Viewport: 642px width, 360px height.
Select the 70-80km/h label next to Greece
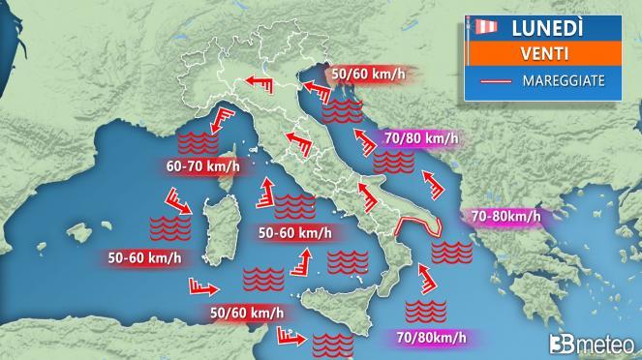pyautogui.click(x=504, y=217)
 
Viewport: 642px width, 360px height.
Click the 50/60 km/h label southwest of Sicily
pyautogui.click(x=247, y=312)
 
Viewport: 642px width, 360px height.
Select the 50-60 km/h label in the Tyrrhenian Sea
pyautogui.click(x=294, y=232)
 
